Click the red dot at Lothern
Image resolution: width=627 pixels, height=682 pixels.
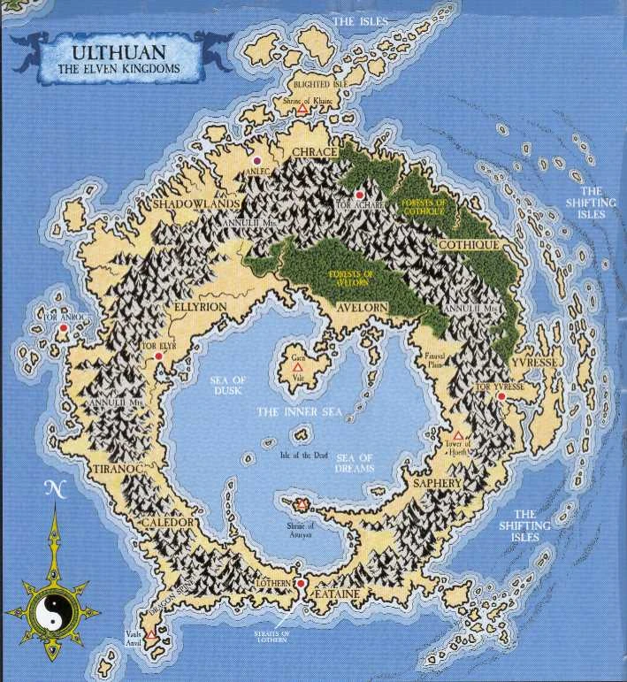pyautogui.click(x=301, y=585)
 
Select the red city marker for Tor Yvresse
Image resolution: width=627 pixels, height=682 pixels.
pyautogui.click(x=501, y=397)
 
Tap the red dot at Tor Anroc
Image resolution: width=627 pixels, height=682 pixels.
pyautogui.click(x=64, y=328)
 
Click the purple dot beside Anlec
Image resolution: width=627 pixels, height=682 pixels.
pyautogui.click(x=256, y=160)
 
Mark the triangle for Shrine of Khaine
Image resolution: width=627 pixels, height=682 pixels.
pyautogui.click(x=302, y=111)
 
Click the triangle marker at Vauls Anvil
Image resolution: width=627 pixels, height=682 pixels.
pyautogui.click(x=152, y=634)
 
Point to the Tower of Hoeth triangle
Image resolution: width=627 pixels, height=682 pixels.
pyautogui.click(x=459, y=436)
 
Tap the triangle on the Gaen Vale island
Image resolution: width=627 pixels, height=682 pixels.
pyautogui.click(x=298, y=365)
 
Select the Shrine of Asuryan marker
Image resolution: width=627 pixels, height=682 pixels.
pyautogui.click(x=302, y=504)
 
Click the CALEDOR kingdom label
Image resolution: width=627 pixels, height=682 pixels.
pyautogui.click(x=166, y=523)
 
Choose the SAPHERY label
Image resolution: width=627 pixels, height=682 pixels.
pyautogui.click(x=432, y=484)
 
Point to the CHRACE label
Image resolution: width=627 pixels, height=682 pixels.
pyautogui.click(x=314, y=152)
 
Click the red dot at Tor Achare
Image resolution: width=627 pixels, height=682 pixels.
pyautogui.click(x=360, y=195)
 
